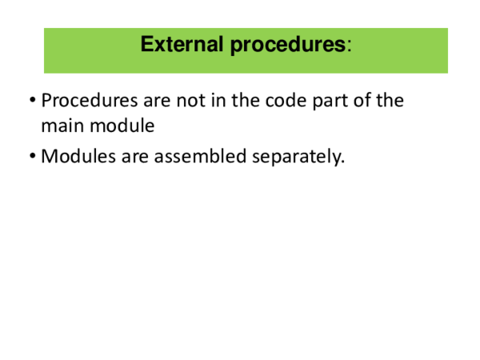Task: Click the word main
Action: pos(62,126)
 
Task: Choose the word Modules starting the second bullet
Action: pos(76,157)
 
